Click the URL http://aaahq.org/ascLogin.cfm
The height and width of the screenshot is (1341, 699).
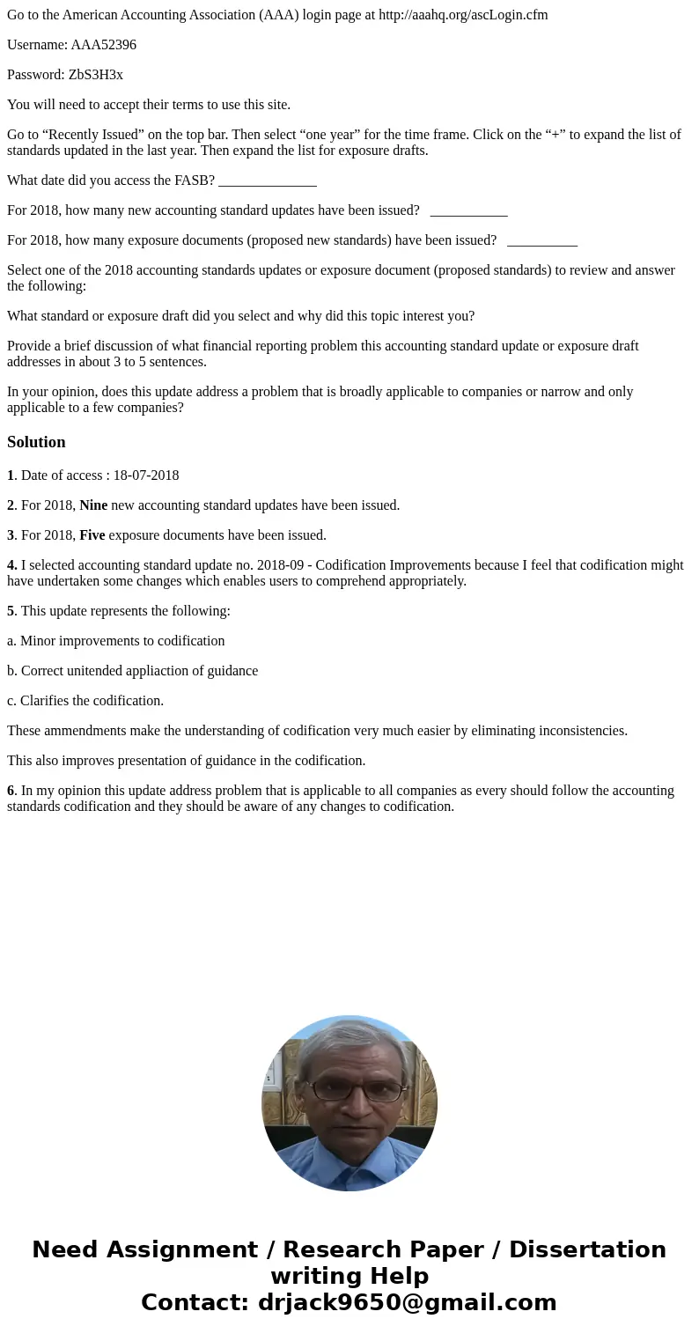463,15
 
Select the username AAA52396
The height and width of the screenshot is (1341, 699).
103,45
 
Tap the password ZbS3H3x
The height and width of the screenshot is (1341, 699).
96,75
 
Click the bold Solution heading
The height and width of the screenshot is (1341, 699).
36,442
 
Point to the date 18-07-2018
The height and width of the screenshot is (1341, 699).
145,475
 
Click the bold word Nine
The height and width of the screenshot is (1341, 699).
93,505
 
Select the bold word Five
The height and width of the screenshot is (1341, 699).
92,535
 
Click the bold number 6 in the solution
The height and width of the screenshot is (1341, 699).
11,791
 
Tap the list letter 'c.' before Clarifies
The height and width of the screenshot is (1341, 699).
11,701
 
